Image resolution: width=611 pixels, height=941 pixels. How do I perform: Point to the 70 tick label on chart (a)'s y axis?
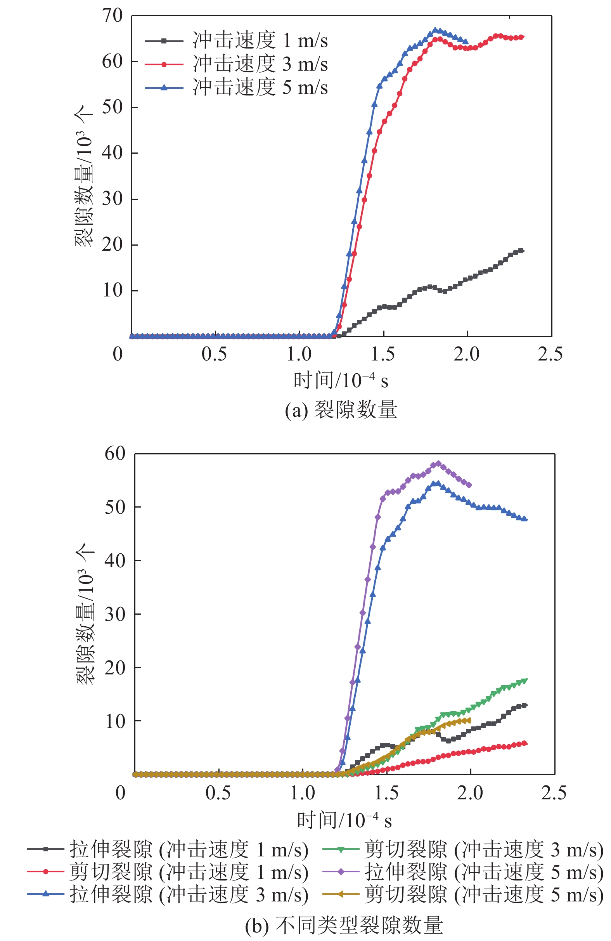tap(113, 16)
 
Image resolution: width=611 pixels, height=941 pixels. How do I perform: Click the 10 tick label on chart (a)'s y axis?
tap(113, 291)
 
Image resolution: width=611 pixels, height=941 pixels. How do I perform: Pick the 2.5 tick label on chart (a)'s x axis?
tap(550, 354)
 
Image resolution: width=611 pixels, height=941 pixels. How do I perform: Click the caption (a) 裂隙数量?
tap(341, 410)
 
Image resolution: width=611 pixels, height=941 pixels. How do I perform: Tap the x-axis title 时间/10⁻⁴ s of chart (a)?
tap(341, 381)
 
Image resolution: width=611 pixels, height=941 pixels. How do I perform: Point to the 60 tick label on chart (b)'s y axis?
tap(115, 454)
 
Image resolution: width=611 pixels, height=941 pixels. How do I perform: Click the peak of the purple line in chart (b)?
tap(438, 463)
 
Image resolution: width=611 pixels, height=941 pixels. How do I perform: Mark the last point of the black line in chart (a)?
tap(521, 250)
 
